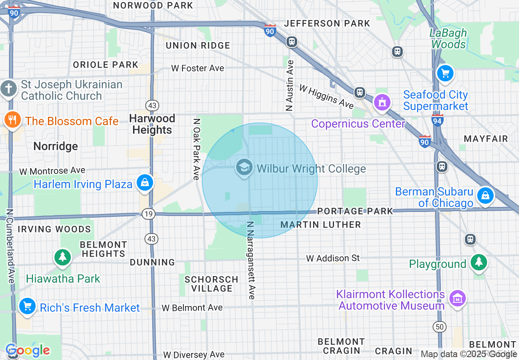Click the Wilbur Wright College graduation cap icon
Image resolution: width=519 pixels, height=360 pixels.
click(244, 168)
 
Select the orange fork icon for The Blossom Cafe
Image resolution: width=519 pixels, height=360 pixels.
click(13, 120)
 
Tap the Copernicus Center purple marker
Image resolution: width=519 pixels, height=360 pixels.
click(382, 102)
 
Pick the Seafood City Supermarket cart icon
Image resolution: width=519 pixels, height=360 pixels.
click(445, 74)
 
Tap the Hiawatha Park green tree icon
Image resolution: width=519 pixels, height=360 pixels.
click(63, 257)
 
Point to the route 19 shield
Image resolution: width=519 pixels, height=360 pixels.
click(148, 214)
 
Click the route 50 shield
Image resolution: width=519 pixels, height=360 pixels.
click(439, 327)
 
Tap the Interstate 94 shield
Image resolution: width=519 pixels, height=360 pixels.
click(438, 120)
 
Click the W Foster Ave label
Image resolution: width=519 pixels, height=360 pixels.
click(198, 68)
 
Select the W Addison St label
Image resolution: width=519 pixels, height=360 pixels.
click(333, 258)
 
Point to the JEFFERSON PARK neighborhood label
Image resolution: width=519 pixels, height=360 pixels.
click(327, 24)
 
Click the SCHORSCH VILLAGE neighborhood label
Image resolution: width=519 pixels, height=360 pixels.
click(211, 284)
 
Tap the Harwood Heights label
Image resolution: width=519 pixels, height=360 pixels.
click(152, 124)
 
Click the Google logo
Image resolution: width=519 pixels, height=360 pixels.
click(27, 350)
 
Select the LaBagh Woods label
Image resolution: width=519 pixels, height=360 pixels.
click(448, 38)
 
